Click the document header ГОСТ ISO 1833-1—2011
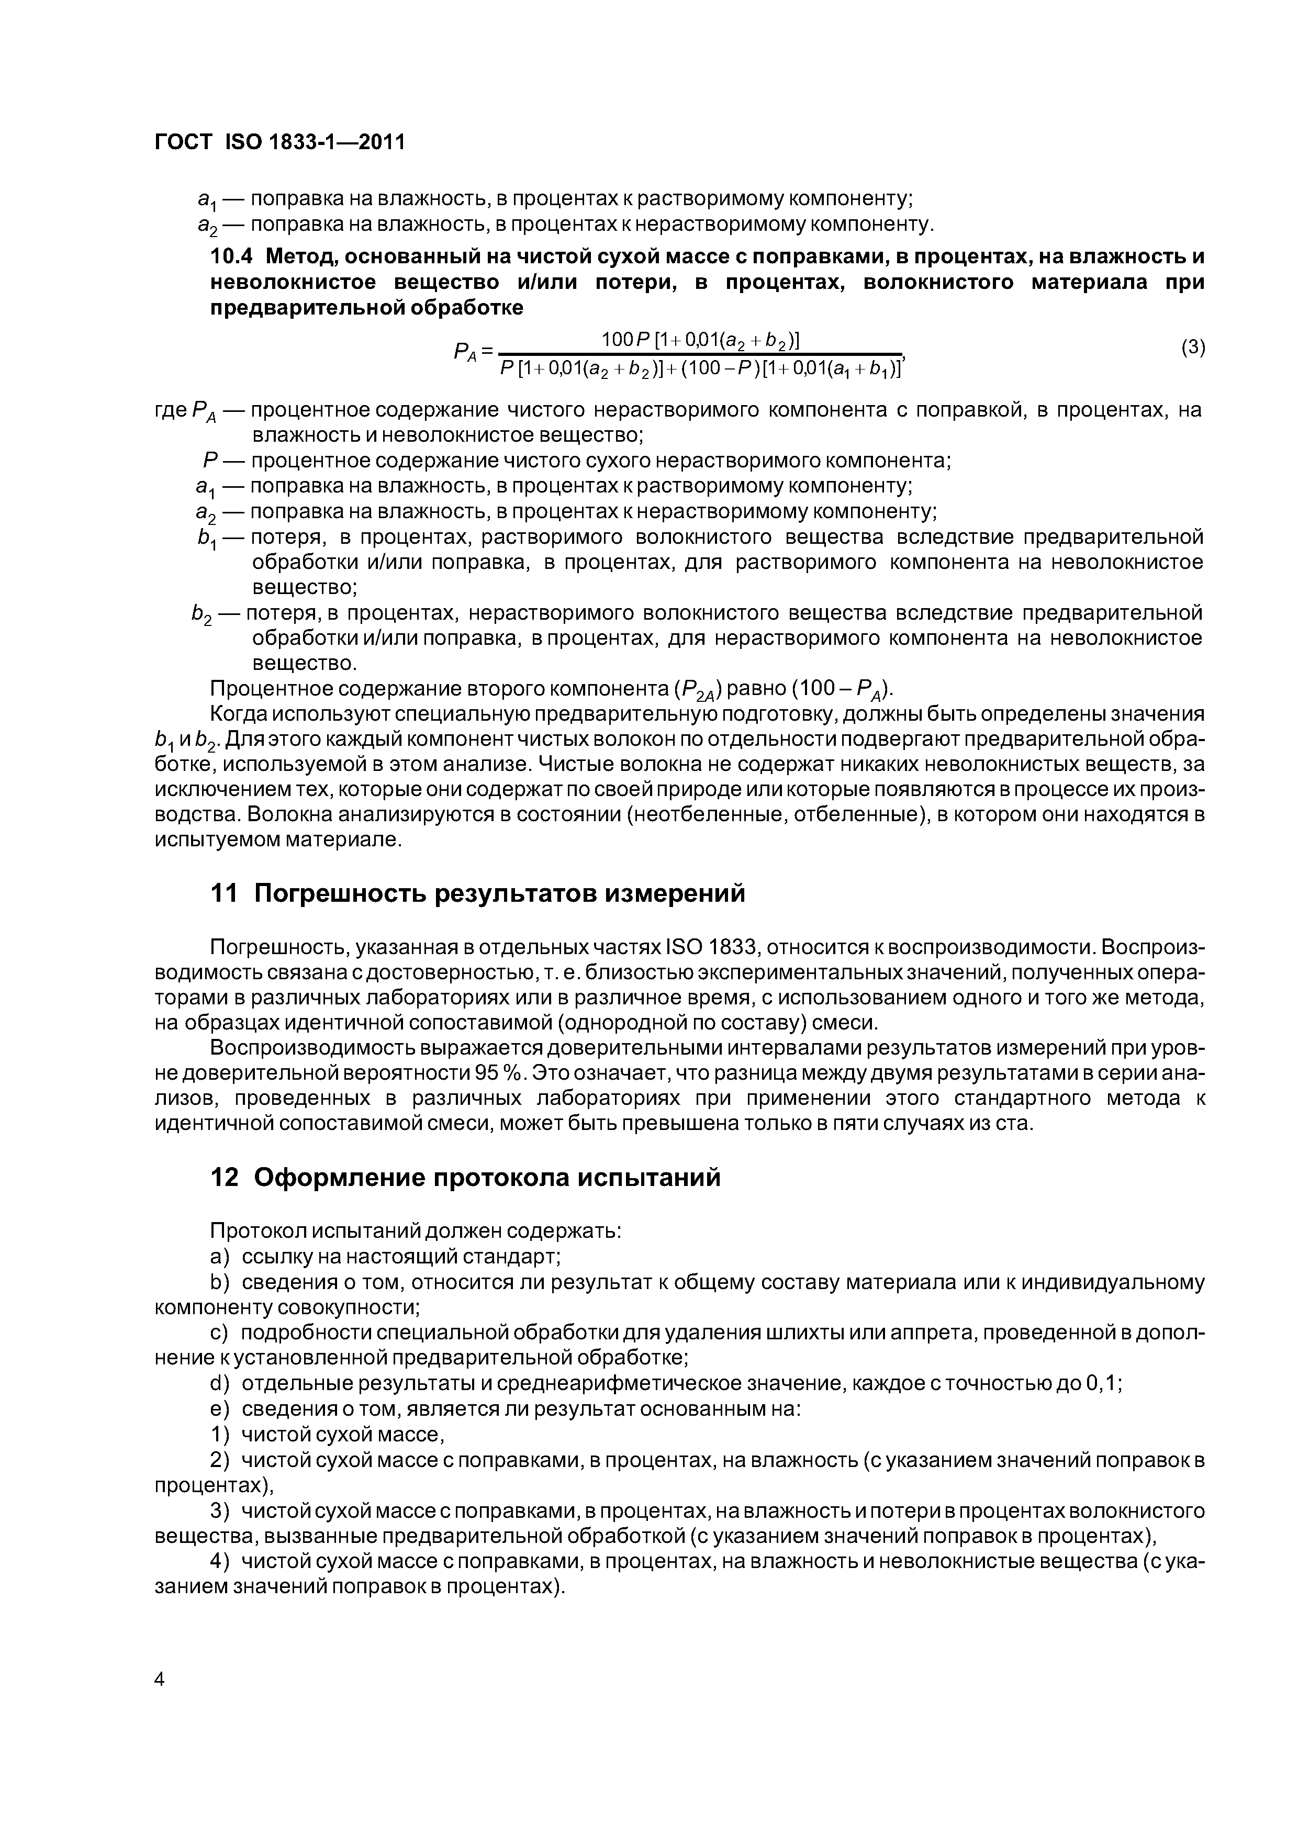279,142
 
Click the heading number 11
224,893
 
